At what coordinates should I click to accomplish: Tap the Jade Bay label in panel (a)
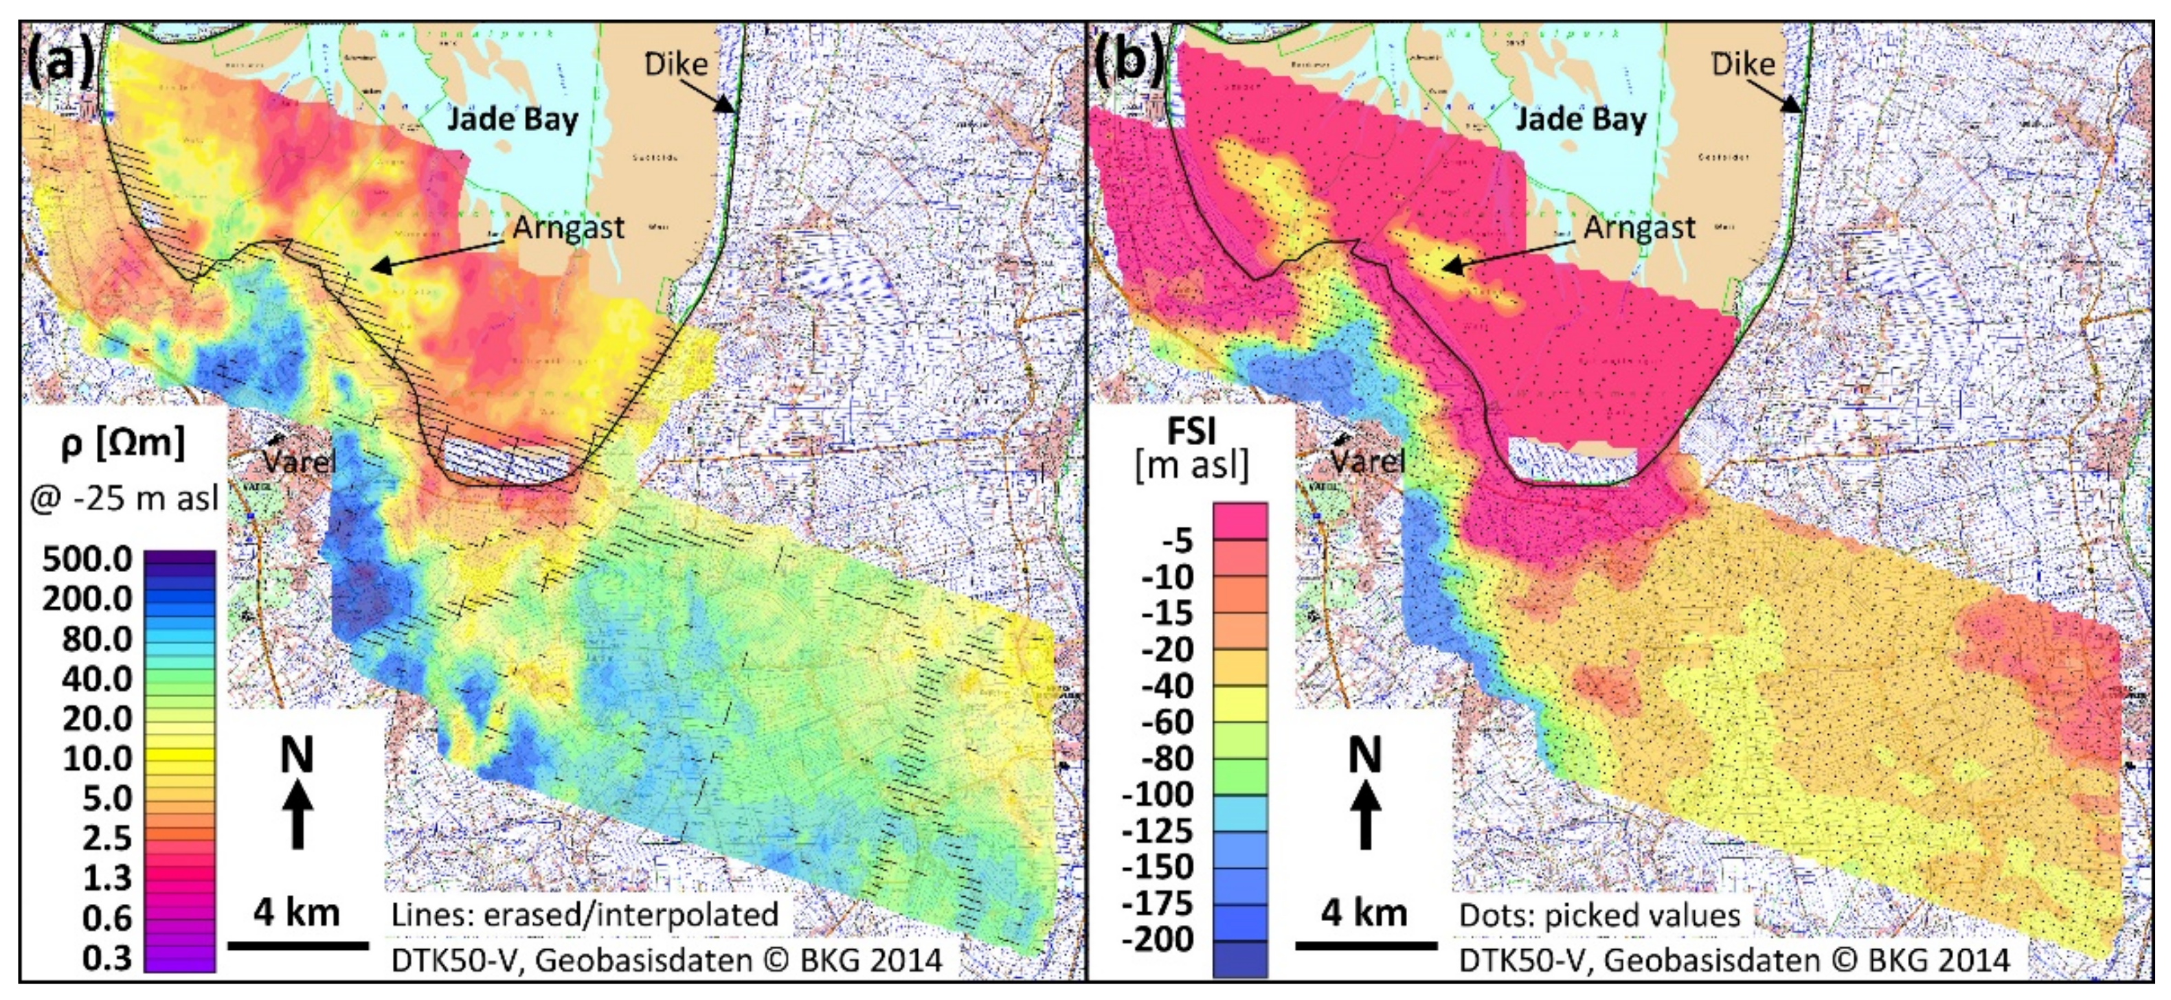513,119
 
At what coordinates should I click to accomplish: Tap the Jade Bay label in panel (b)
1580,119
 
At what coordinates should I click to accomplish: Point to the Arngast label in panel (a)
569,227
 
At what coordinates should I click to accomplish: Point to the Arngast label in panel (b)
1639,227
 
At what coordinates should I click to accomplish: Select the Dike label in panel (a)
676,64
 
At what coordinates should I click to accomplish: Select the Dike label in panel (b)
1743,64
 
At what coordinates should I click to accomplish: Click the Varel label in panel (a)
298,461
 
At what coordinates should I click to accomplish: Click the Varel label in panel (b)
1367,461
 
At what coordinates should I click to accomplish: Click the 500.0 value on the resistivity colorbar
87,559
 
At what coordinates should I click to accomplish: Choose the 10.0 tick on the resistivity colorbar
97,759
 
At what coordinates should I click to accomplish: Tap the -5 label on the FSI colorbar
1178,540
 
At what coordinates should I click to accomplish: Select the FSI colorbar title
1192,431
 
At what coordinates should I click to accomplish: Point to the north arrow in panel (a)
297,792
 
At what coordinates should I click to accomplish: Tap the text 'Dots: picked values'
1599,916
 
